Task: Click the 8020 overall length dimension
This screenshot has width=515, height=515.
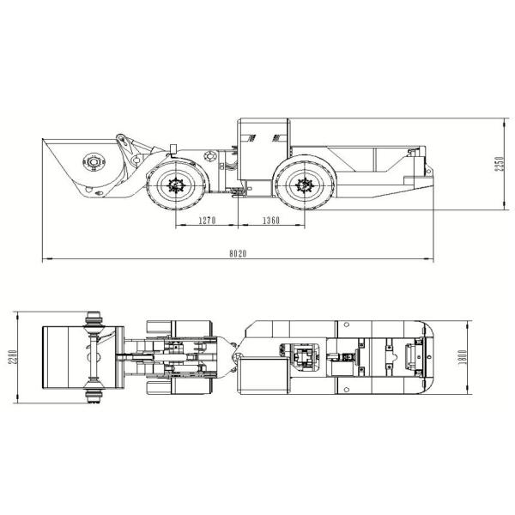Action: pyautogui.click(x=238, y=253)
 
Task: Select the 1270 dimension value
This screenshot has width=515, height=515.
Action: pyautogui.click(x=205, y=221)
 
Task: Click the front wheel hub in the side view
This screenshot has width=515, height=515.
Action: pyautogui.click(x=179, y=183)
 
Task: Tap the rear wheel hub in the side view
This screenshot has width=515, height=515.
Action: pyautogui.click(x=302, y=183)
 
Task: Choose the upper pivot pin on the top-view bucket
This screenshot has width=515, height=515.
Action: pyautogui.click(x=94, y=323)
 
